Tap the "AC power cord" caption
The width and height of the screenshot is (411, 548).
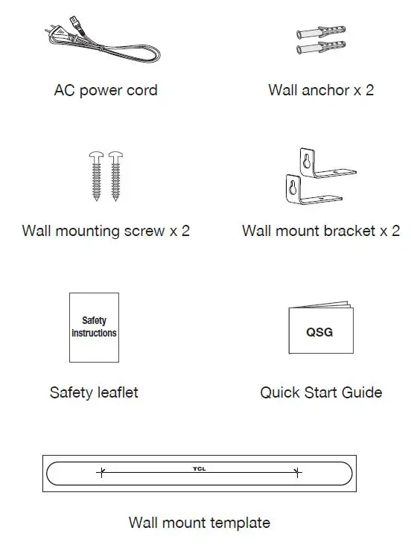pyautogui.click(x=106, y=91)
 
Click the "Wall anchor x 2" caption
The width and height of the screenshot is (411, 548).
pyautogui.click(x=321, y=91)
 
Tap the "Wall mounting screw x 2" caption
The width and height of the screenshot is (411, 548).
pyautogui.click(x=106, y=231)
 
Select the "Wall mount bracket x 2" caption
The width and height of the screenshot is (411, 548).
pyautogui.click(x=321, y=231)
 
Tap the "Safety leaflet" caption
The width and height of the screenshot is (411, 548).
pyautogui.click(x=94, y=392)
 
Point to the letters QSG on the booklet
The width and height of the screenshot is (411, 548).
pyautogui.click(x=319, y=332)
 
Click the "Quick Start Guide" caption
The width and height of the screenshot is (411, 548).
pyautogui.click(x=321, y=392)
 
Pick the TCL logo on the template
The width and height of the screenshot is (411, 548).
pyautogui.click(x=200, y=468)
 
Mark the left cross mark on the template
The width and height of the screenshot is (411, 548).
pyautogui.click(x=102, y=472)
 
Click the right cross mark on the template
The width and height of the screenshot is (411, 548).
pyautogui.click(x=297, y=472)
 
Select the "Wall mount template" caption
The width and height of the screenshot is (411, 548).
pyautogui.click(x=200, y=522)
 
